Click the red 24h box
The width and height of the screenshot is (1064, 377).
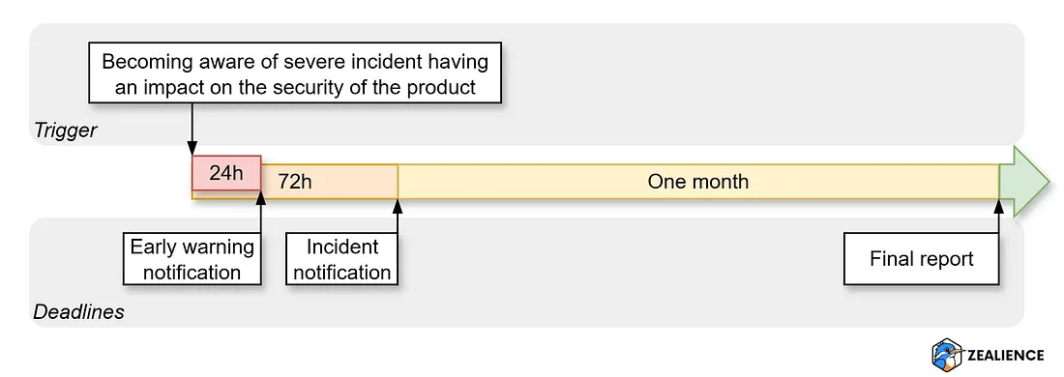[x=226, y=174]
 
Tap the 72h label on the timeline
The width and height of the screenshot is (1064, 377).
[x=295, y=182]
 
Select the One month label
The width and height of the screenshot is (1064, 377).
[x=697, y=182]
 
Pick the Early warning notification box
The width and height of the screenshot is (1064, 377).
[x=192, y=258]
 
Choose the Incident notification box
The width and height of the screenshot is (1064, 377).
[x=342, y=258]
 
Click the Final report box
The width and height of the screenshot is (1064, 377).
[x=921, y=258]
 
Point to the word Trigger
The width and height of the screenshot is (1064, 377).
[x=66, y=130]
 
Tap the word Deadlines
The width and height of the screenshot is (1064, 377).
[x=79, y=312]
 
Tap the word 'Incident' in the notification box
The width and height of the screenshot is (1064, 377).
[x=342, y=246]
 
